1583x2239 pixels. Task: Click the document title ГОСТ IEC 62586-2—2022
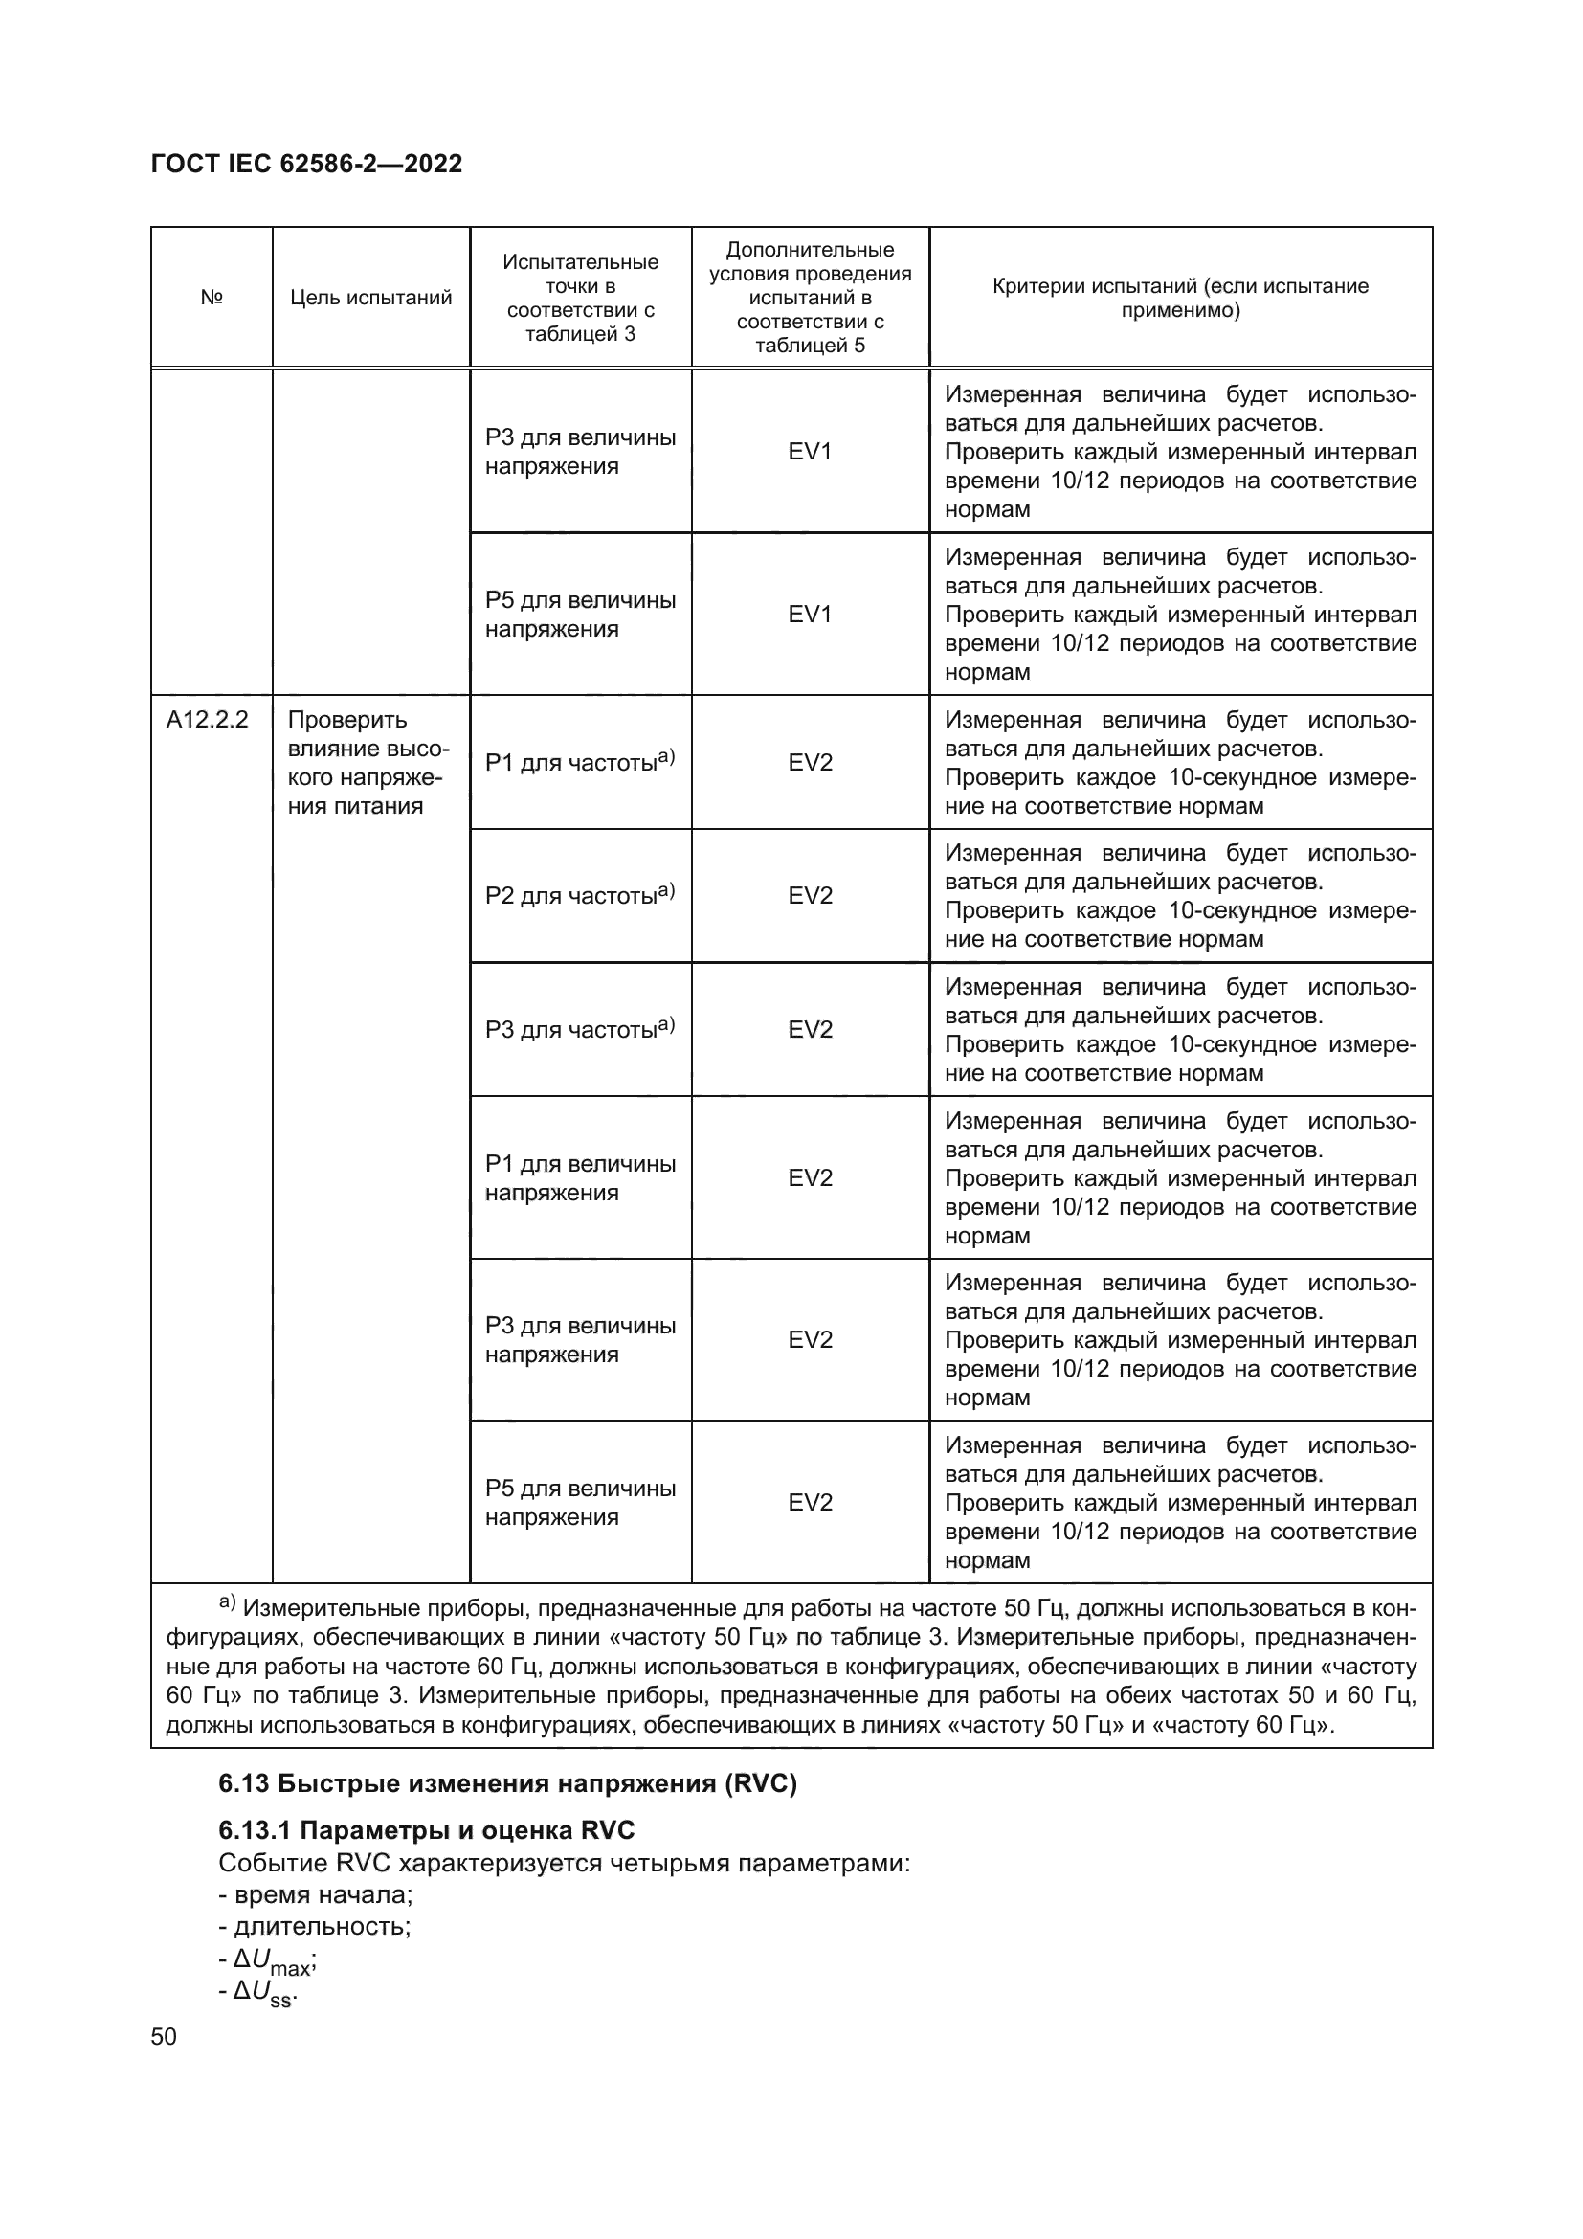pos(306,164)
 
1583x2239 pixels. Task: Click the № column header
pos(212,298)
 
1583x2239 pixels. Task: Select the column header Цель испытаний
pos(370,298)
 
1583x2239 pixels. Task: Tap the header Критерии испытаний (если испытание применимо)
pos(1179,298)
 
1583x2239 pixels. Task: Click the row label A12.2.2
pos(207,720)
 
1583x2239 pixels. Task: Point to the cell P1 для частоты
pos(579,762)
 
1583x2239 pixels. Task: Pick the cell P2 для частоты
pos(579,895)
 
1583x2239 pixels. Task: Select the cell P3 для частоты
pos(579,1029)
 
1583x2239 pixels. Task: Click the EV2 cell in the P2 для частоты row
pos(810,896)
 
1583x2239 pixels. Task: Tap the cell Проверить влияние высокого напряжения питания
pos(368,763)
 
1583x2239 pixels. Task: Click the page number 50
pos(164,2036)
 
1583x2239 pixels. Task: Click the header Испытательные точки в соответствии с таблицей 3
pos(580,298)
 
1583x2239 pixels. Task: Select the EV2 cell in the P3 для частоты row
pos(810,1030)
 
